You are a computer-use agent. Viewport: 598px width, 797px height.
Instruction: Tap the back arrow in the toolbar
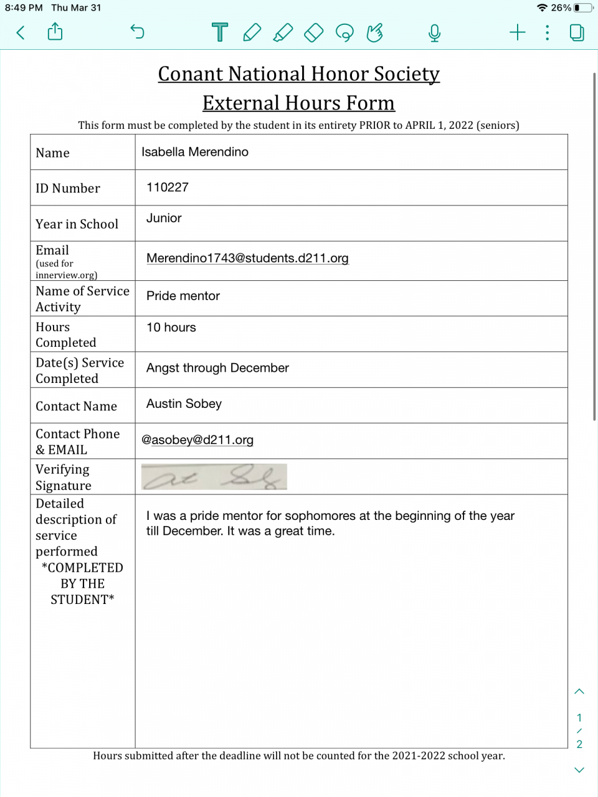coord(21,32)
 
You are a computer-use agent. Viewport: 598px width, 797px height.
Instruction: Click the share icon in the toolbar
coord(55,32)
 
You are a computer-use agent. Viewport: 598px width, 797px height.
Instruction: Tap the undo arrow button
coord(137,32)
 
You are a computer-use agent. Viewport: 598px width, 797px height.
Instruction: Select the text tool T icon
coord(220,32)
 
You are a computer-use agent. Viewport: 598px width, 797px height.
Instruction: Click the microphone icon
coord(434,32)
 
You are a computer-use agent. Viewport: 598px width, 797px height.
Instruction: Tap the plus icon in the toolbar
coord(517,32)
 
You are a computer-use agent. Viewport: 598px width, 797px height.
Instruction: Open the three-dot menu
coord(547,32)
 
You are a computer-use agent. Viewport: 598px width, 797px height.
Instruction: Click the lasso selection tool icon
coord(344,32)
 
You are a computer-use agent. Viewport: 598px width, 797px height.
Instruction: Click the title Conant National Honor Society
coord(299,74)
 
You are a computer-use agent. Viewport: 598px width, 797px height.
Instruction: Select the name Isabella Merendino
coord(195,152)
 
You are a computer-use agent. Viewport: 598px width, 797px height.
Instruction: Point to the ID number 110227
coord(168,187)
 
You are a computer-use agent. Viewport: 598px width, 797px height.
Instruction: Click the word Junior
coord(164,219)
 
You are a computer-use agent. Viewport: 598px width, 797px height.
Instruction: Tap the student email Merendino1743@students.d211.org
coord(247,258)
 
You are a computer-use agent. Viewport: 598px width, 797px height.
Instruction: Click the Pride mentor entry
coord(183,296)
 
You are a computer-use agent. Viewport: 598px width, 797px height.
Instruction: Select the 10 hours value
coord(171,328)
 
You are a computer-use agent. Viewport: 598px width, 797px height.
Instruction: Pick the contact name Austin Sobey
coord(184,404)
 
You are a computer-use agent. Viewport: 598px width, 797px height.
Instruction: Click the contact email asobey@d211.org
coord(197,440)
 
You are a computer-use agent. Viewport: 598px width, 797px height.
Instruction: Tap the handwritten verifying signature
coord(214,477)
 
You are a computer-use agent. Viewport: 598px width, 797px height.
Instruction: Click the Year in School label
coord(77,224)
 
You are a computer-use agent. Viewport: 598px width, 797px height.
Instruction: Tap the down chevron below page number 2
coord(579,770)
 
